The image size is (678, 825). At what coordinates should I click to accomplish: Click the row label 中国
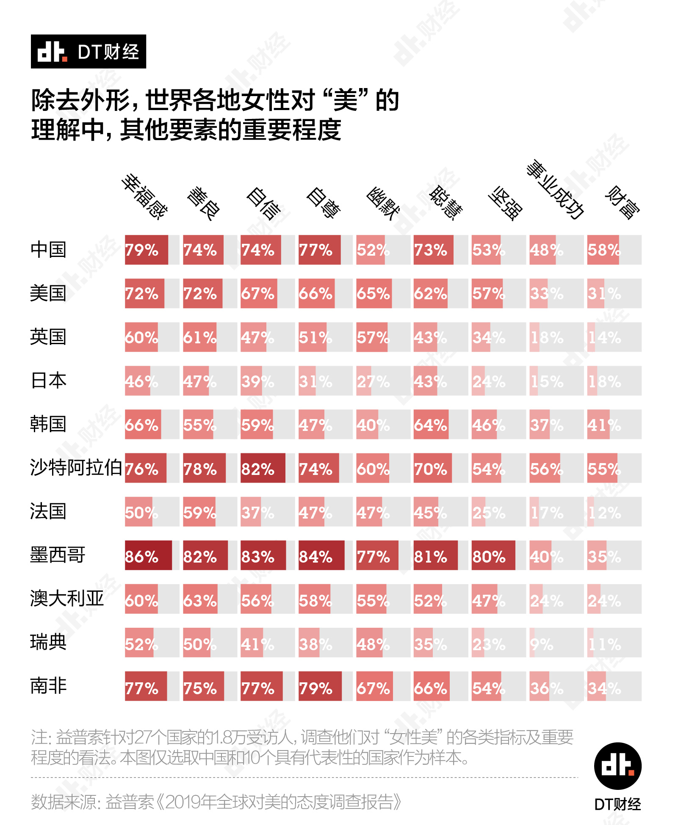coord(48,250)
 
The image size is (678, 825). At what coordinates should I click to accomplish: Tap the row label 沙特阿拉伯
coord(76,468)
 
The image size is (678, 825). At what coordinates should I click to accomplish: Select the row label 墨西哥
coord(58,555)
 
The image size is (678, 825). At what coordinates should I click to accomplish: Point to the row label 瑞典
coord(48,642)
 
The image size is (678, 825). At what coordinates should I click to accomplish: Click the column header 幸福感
coord(144,197)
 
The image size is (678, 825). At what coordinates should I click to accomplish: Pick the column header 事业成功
coord(555,190)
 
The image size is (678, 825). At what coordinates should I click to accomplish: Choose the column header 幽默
coord(383,203)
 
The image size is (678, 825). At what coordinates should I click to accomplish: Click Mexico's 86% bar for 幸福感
coord(148,555)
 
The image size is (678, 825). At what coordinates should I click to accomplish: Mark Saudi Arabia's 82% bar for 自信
coord(263,468)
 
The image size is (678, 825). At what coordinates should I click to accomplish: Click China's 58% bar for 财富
coord(603,250)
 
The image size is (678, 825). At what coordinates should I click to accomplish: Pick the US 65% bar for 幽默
coord(374,293)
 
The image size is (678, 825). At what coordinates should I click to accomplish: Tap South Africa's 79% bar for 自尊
coord(320,686)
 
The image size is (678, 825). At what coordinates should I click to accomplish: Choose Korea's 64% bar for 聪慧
coord(431,425)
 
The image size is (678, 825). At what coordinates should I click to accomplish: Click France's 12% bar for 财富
coord(591,512)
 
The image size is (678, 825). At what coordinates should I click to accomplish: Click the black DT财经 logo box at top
coord(89,52)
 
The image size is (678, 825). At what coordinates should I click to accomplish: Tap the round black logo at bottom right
coord(617,766)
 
